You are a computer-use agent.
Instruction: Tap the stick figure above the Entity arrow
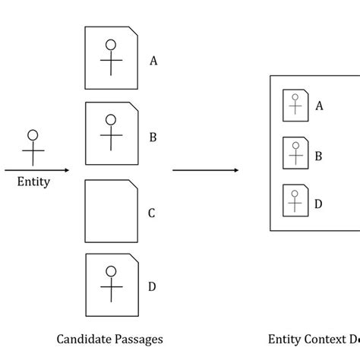[33, 147]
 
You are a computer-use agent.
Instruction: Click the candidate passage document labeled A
[112, 60]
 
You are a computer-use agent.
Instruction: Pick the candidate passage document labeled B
[112, 137]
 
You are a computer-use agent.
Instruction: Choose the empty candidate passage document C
[112, 213]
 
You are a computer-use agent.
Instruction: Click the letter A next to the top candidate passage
[153, 62]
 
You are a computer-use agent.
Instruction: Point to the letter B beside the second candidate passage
[153, 137]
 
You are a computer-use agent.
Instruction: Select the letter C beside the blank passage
[151, 213]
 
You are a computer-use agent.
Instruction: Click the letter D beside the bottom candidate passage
[152, 286]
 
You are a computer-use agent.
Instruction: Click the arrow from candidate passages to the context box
[205, 170]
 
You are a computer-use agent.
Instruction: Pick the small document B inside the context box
[295, 155]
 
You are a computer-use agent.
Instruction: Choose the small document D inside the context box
[295, 202]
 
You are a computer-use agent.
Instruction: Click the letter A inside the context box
[319, 106]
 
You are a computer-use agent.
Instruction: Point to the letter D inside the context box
[319, 203]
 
